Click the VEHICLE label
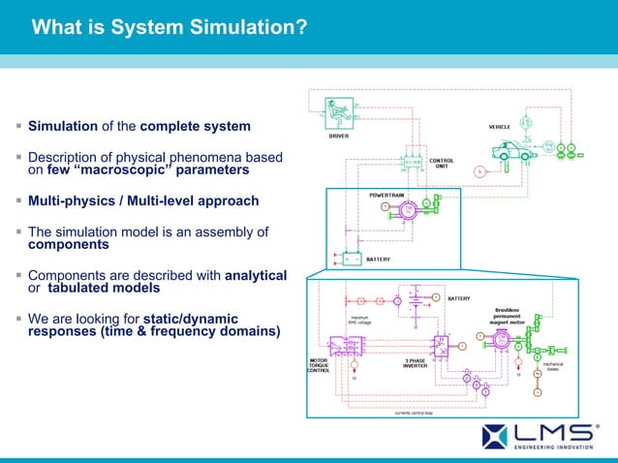tap(500, 127)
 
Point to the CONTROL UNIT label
tap(442, 163)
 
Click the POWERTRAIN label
tap(387, 195)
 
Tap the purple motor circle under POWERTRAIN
tap(409, 210)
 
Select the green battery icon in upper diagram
tap(346, 260)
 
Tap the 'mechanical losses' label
tap(552, 367)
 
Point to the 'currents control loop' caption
tap(415, 412)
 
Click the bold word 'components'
tap(68, 245)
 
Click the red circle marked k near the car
tap(478, 172)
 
